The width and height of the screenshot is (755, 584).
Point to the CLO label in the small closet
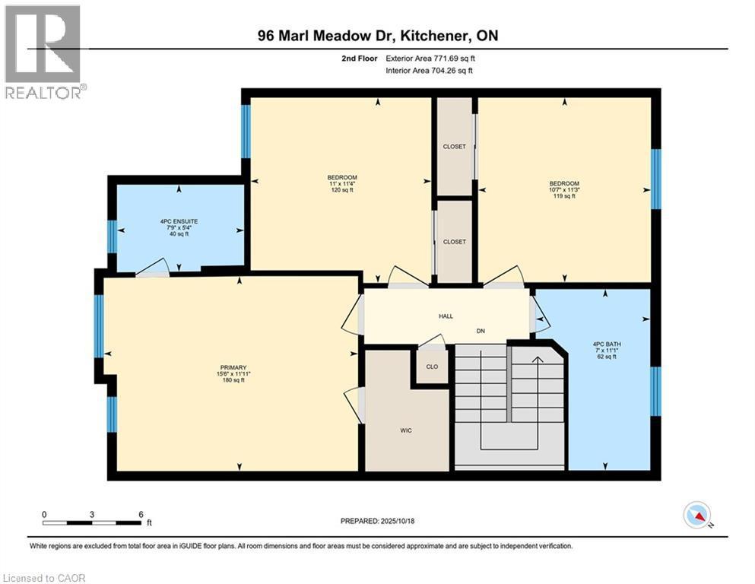coord(432,367)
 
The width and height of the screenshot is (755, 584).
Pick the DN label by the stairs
coord(481,331)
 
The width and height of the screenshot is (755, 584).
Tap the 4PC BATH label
coord(607,344)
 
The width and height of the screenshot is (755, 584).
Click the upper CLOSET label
coord(454,147)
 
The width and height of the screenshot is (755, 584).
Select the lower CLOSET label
coord(454,242)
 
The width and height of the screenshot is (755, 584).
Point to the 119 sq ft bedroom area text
coord(564,196)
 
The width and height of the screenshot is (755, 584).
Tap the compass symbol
coord(697,516)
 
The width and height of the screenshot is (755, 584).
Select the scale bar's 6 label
coord(141,514)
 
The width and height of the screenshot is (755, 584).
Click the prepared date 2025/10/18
coord(396,521)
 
